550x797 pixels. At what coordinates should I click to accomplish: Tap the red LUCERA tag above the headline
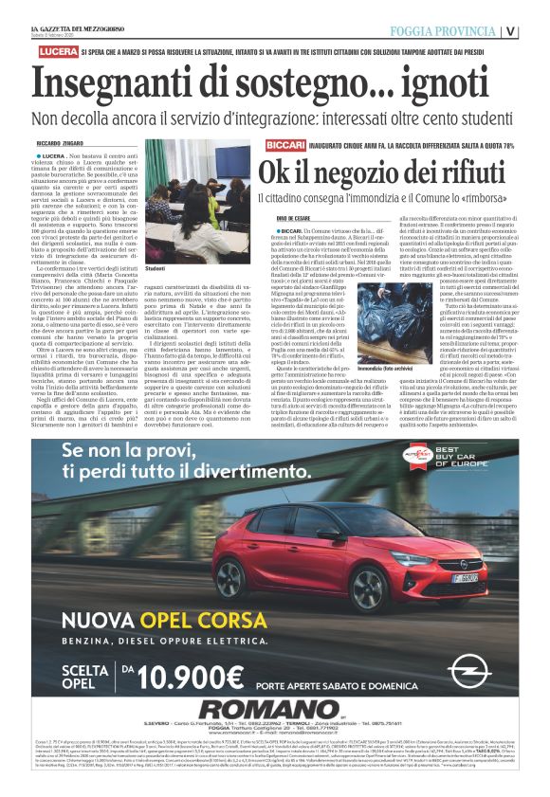[34, 47]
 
